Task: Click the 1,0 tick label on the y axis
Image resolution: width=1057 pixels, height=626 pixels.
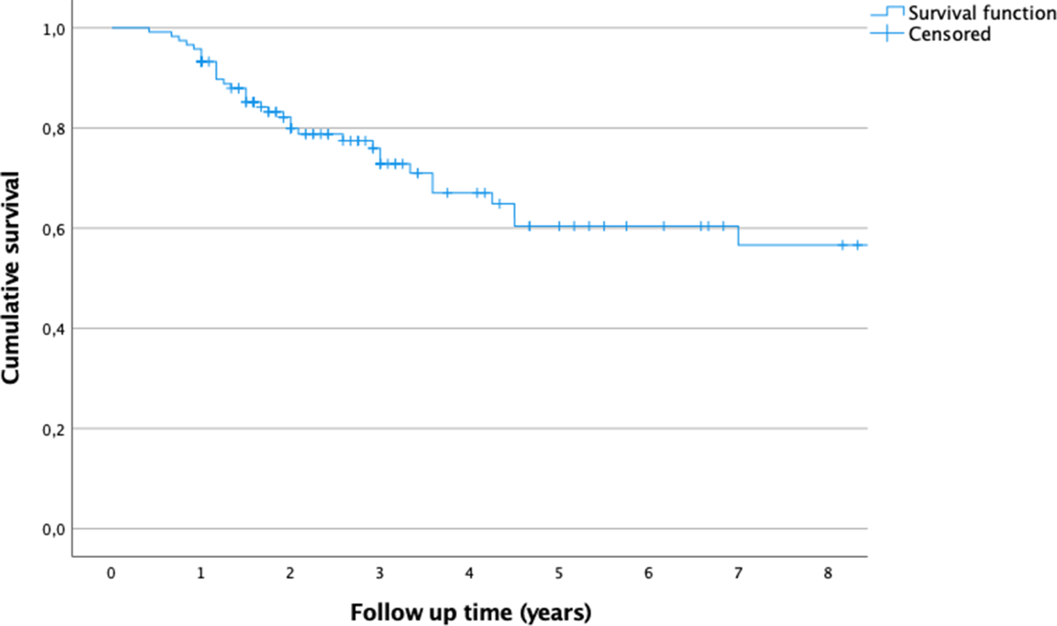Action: tap(54, 29)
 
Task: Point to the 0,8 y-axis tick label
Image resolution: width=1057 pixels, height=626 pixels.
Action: tap(54, 129)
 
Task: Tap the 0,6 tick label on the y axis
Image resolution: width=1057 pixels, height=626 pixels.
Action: tap(54, 230)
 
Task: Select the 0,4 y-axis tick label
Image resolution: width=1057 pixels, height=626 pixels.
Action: tap(54, 330)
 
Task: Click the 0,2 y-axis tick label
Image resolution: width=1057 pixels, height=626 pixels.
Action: tap(54, 430)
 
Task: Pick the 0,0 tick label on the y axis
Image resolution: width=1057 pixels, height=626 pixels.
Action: tap(54, 530)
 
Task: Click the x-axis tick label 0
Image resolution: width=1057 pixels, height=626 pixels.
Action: tap(111, 573)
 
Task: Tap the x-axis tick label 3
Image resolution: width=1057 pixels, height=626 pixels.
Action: tap(380, 573)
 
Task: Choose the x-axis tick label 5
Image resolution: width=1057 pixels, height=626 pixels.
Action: tap(559, 573)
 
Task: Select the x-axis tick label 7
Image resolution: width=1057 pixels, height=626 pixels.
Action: tap(738, 573)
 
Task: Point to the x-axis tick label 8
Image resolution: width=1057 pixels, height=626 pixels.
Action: tap(828, 573)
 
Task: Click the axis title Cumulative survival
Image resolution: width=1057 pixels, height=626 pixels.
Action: tap(10, 278)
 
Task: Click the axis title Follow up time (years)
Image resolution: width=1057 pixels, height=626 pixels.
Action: tap(471, 613)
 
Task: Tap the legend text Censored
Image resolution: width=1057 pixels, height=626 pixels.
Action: tap(949, 34)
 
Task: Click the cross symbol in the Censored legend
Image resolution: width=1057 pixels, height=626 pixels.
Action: tap(887, 33)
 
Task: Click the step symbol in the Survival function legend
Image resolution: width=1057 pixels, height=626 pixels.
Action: tap(887, 11)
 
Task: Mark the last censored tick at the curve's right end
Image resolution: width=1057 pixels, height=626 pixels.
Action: tap(857, 245)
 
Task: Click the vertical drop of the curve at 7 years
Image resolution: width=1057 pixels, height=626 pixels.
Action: tap(739, 236)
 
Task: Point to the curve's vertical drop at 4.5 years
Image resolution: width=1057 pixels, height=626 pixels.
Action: tap(515, 215)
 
